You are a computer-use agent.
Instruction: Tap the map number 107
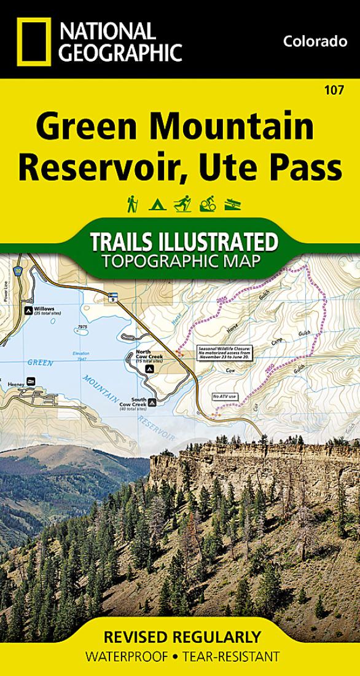tap(335, 90)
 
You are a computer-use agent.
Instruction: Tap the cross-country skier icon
tap(182, 203)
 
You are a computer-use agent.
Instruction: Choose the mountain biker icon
tap(206, 203)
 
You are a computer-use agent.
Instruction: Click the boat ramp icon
tap(230, 204)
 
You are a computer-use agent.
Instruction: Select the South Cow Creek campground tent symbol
tap(151, 403)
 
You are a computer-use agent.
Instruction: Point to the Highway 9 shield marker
tap(112, 297)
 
